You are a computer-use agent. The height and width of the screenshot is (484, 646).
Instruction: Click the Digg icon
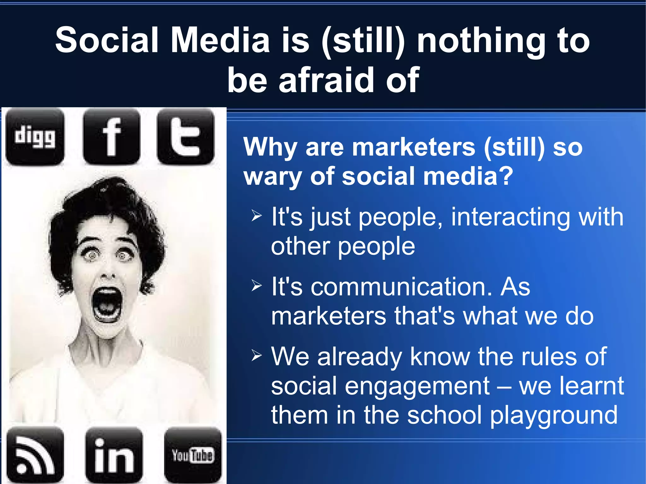click(x=35, y=137)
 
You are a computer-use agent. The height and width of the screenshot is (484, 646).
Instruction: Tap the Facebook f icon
click(x=112, y=137)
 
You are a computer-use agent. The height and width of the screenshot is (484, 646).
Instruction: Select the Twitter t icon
click(x=185, y=137)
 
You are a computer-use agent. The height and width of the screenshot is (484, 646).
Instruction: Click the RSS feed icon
click(x=35, y=455)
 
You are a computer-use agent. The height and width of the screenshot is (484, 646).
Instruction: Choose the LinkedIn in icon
click(x=114, y=455)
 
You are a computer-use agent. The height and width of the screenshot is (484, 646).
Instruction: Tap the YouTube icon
click(x=193, y=455)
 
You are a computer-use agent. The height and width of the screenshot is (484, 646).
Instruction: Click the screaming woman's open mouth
click(x=107, y=304)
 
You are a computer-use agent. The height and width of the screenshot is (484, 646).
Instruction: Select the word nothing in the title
click(x=481, y=40)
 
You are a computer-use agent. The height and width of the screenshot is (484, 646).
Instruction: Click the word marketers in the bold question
click(x=414, y=147)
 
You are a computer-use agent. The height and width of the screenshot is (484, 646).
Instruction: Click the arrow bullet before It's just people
click(x=257, y=216)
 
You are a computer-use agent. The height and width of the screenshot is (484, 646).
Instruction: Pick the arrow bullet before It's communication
click(x=257, y=286)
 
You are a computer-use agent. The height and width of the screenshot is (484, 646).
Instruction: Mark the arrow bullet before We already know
click(x=257, y=356)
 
